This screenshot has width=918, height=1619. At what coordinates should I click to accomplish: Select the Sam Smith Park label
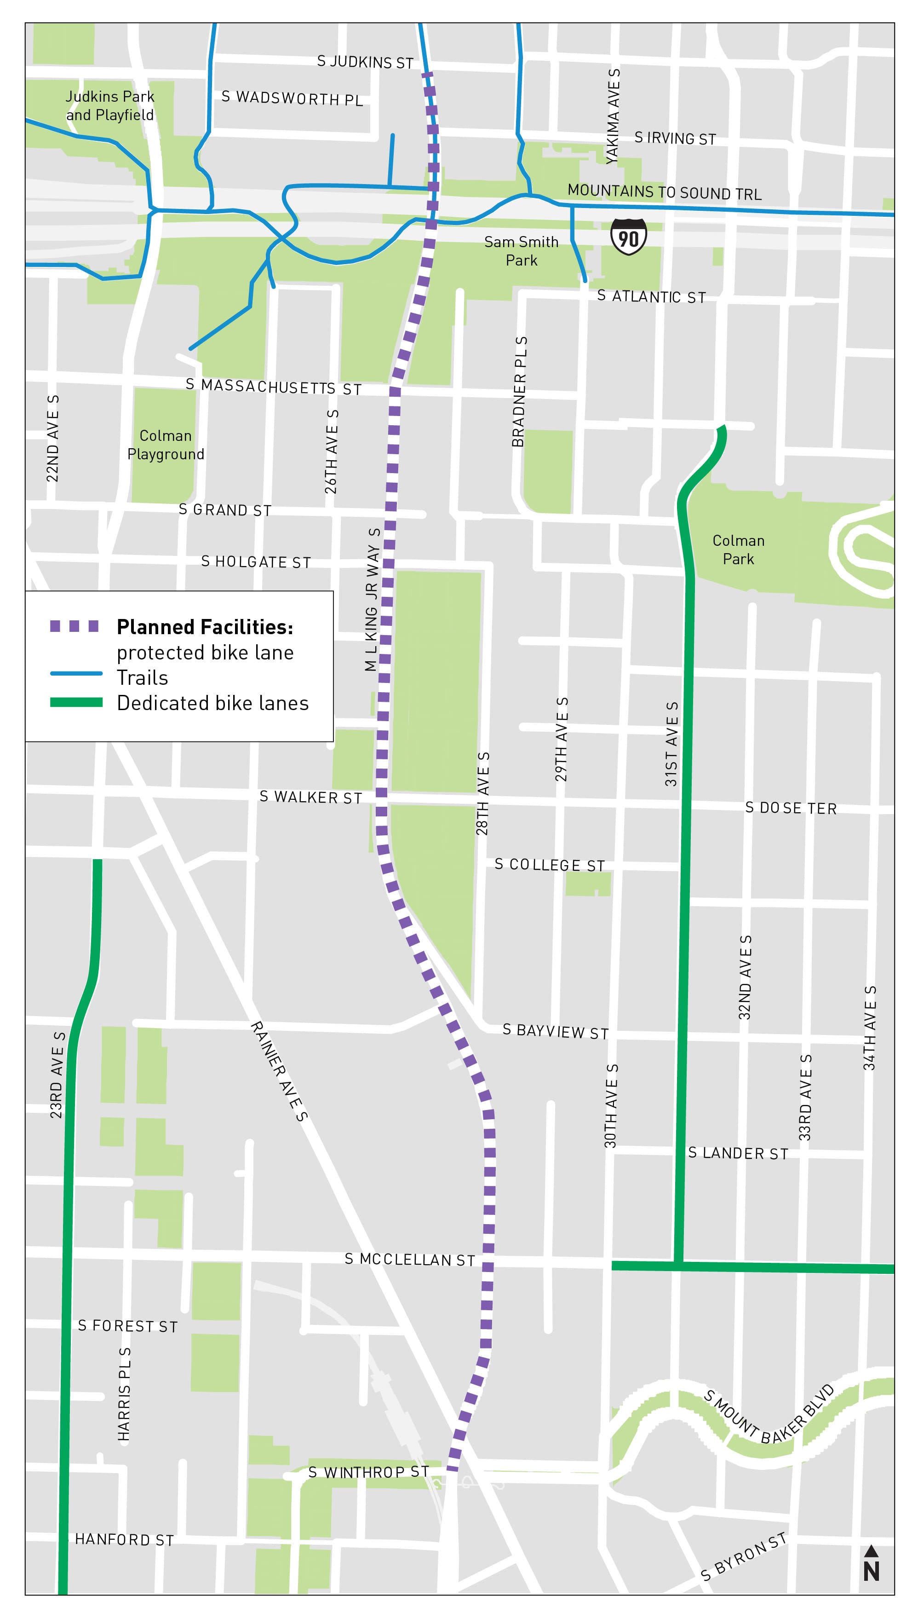click(522, 251)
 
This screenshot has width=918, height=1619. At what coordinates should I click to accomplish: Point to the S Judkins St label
click(365, 62)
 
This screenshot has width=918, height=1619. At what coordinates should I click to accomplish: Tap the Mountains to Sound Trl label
click(664, 192)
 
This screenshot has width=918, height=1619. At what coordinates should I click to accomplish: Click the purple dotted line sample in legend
click(75, 626)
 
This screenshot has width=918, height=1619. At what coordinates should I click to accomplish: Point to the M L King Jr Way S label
click(373, 600)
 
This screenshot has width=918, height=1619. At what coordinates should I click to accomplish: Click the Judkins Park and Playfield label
click(110, 106)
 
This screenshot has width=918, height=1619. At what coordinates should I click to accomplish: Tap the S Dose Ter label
click(791, 808)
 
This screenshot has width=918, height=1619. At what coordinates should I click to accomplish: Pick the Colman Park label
click(738, 549)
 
